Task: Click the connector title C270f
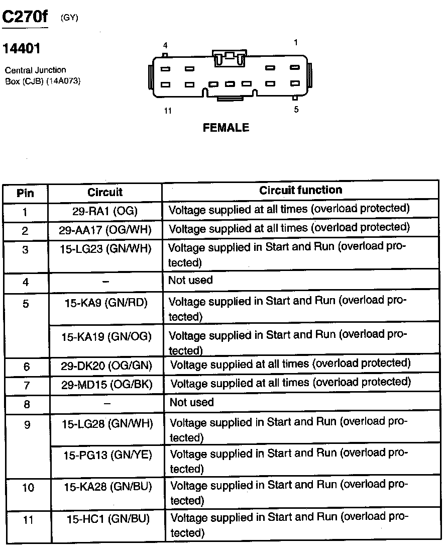coord(26,17)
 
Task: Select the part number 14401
coord(22,49)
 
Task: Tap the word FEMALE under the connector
coord(226,128)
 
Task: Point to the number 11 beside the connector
coord(168,111)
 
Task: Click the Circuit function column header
coord(300,190)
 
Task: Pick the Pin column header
coord(25,193)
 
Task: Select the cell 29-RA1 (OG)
coord(105,211)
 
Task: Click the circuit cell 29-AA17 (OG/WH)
coord(105,230)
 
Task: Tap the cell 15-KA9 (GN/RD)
coord(106,303)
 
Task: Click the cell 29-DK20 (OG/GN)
coord(106,366)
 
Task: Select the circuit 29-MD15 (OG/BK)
coord(106,385)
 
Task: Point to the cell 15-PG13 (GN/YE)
coord(107,455)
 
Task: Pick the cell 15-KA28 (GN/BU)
coord(107,486)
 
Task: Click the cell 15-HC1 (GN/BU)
coord(108,518)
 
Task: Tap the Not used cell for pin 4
coord(190,280)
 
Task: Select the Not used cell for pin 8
coord(191,402)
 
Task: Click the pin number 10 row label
coord(28,488)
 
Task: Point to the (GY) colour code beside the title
coord(69,18)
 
